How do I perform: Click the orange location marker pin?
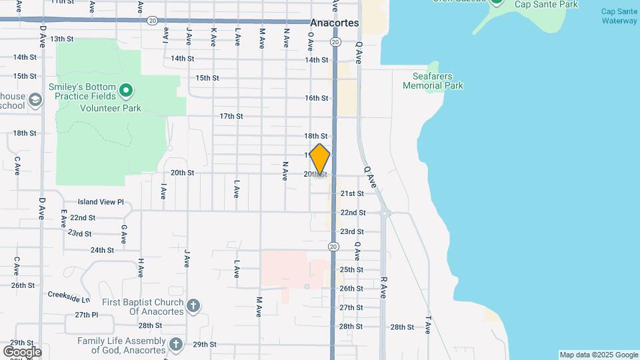320,159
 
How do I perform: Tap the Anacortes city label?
334,23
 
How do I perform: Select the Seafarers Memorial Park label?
433,81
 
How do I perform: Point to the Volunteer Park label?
111,108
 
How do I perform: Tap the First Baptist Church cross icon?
193,306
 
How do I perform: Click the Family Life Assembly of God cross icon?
175,344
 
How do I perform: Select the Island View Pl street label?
101,201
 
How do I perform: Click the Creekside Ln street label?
69,294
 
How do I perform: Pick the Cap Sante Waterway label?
619,16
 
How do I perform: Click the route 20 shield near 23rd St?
333,247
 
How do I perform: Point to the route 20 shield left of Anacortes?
153,21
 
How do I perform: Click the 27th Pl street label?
86,315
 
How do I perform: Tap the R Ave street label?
383,283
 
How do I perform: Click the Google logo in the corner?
22,351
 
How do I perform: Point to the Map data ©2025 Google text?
598,355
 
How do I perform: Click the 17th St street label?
231,116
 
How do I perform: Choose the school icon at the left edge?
35,100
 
